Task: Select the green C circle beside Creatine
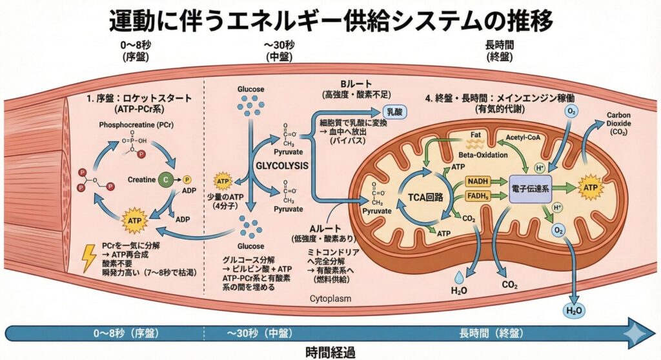click(x=167, y=179)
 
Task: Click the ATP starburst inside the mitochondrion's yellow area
click(x=592, y=187)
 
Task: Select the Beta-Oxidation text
click(x=480, y=155)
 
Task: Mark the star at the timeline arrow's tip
click(x=639, y=333)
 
